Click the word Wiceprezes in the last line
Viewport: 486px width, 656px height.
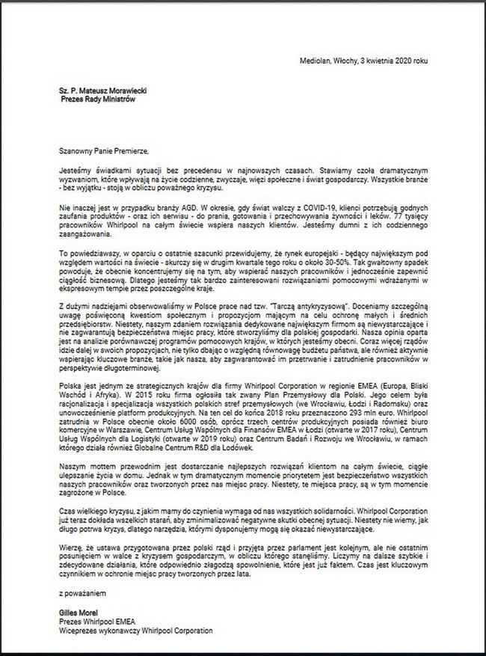(x=76, y=630)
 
